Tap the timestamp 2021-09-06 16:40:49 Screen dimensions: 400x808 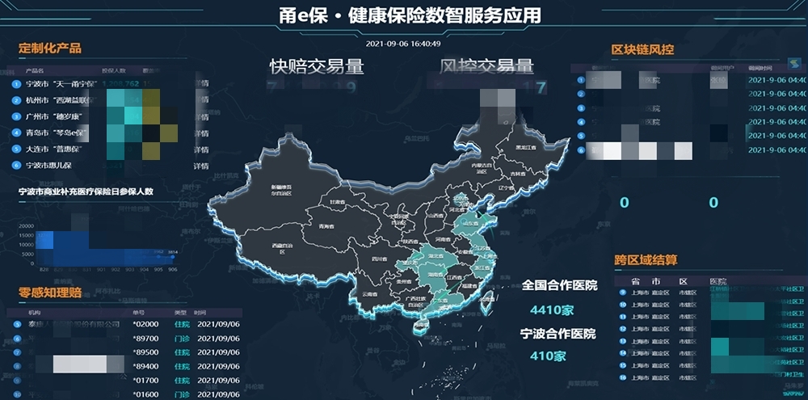coord(403,44)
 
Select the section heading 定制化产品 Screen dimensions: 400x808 coord(50,48)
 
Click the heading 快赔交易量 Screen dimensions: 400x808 coord(317,66)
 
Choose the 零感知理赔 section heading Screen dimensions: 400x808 coord(50,293)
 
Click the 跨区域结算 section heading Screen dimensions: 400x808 coord(646,260)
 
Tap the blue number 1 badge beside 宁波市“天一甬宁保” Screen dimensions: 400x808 coord(16,84)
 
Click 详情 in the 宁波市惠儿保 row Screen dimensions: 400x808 coord(200,166)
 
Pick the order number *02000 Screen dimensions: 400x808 coord(145,324)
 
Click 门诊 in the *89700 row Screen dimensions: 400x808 coord(182,339)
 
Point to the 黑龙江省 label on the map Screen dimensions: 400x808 coord(528,148)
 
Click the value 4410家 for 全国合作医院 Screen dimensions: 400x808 coord(552,310)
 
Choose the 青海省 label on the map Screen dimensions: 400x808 coord(326,226)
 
